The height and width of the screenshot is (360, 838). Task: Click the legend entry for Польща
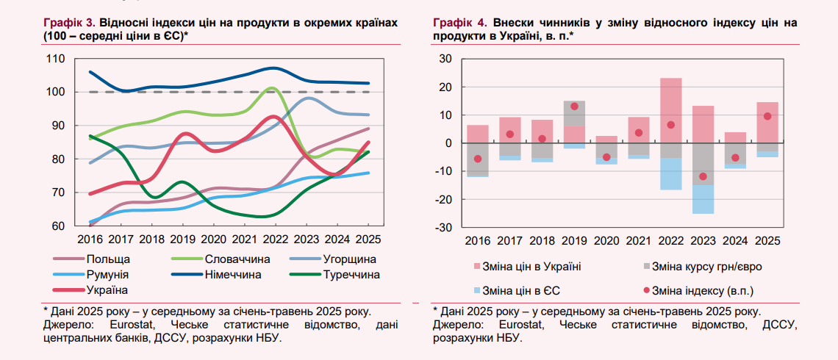coord(108,259)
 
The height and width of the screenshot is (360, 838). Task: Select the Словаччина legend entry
coord(237,259)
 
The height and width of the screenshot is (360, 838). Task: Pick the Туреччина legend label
coord(351,275)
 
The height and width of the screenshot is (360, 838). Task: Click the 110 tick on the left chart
coord(55,58)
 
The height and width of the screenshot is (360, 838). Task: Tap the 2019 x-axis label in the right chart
coord(575,240)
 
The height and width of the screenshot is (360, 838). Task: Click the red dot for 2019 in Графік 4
coord(574,107)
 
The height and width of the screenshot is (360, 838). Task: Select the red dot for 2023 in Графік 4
coord(703,176)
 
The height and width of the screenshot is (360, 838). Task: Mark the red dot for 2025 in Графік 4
coord(767,116)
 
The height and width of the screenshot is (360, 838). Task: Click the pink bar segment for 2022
coord(671,118)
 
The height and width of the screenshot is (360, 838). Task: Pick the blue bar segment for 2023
coord(703,199)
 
